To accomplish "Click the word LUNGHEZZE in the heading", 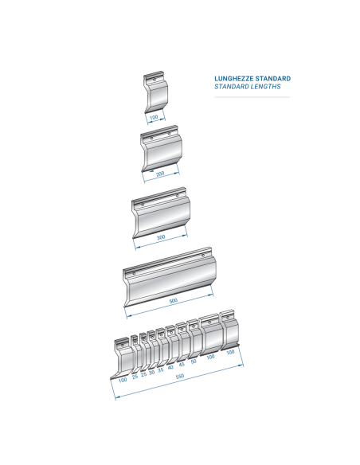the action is pyautogui.click(x=233, y=79).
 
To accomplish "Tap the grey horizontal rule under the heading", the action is pyautogui.click(x=252, y=97).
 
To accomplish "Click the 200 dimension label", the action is pyautogui.click(x=160, y=174).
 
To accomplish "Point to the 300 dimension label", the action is pyautogui.click(x=161, y=237).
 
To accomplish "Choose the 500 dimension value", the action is pyautogui.click(x=173, y=301).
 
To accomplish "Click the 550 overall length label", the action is pyautogui.click(x=180, y=377).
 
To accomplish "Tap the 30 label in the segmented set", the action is pyautogui.click(x=152, y=373).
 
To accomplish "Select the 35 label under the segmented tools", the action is pyautogui.click(x=160, y=370).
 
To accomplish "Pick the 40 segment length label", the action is pyautogui.click(x=170, y=367).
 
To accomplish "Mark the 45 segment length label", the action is pyautogui.click(x=182, y=365).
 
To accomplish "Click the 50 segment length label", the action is pyautogui.click(x=194, y=361).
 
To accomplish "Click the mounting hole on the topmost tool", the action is pyautogui.click(x=155, y=80).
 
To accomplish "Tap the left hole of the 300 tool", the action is pyautogui.click(x=143, y=205).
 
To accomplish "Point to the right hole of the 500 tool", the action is pyautogui.click(x=203, y=256).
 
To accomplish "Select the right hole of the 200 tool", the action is pyautogui.click(x=170, y=134).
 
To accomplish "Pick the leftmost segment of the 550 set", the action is pyautogui.click(x=123, y=358).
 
